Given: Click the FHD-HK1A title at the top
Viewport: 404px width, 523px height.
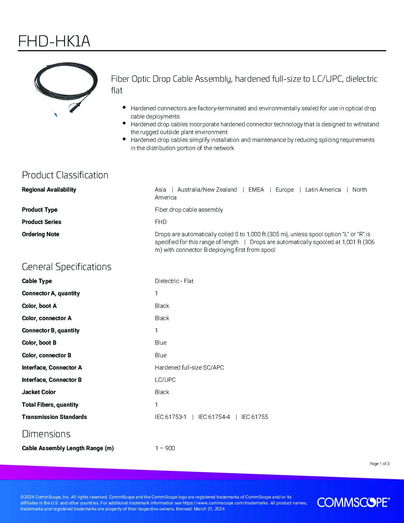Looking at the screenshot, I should click(x=54, y=41).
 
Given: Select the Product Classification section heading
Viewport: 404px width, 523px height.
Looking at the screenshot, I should click(x=65, y=175).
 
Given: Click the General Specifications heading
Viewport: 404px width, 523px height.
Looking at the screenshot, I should click(x=66, y=267).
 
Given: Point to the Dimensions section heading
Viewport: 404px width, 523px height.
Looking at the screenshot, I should click(x=46, y=434).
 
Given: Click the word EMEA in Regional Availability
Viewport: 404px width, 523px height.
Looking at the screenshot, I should click(x=256, y=189).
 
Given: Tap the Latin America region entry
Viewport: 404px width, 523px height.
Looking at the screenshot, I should click(x=323, y=189).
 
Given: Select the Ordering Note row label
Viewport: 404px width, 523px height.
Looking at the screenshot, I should click(x=40, y=234).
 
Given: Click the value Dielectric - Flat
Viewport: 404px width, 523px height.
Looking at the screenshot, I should click(x=174, y=281).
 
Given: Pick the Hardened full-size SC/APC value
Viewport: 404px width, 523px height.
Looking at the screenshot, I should click(x=189, y=367).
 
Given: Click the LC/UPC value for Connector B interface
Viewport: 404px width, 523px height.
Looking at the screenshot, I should click(x=165, y=380).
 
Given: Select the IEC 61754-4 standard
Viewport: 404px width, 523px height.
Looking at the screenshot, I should click(x=214, y=417).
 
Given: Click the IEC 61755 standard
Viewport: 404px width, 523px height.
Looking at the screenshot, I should click(x=255, y=417).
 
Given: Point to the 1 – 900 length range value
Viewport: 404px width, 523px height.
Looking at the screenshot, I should click(x=165, y=448).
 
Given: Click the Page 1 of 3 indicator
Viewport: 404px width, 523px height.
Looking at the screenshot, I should click(x=379, y=464).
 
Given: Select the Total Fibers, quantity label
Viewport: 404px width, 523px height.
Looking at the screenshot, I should click(x=50, y=405).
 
